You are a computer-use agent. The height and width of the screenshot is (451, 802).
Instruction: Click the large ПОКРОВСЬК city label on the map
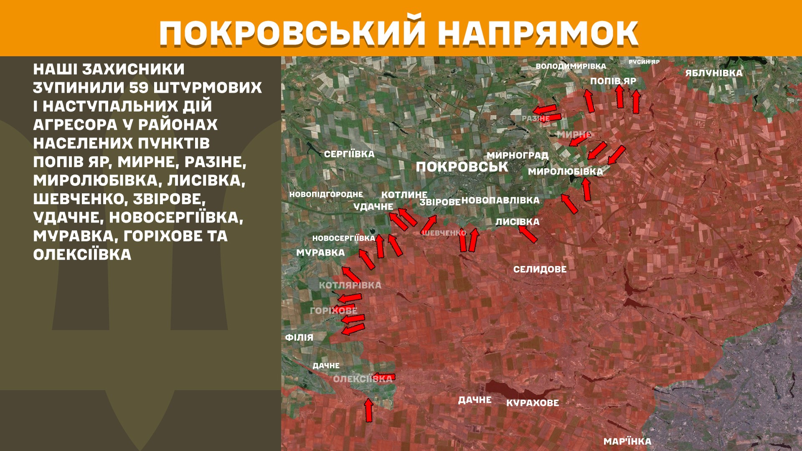pos(462,167)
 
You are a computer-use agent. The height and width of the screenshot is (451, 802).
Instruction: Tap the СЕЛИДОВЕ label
pos(540,269)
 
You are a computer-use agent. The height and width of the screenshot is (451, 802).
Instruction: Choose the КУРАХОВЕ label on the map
pos(532,403)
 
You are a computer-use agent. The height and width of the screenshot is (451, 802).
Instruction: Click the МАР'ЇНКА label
pos(627,441)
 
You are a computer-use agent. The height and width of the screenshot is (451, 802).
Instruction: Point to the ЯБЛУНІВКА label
pos(713,73)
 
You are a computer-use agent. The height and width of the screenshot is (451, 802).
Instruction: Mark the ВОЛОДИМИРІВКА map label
pos(571,66)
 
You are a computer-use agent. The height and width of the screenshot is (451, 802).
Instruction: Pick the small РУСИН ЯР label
pos(644,62)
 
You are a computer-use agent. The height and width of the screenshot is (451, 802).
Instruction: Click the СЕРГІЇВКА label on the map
pos(349,154)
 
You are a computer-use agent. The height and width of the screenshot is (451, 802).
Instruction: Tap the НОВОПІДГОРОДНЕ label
pos(326,195)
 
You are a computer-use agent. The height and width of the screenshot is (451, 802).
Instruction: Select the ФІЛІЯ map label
pos(299,337)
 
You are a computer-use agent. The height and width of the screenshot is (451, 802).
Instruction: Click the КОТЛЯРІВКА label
pos(350,285)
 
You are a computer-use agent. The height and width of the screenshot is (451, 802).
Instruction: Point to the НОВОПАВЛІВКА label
pos(500,200)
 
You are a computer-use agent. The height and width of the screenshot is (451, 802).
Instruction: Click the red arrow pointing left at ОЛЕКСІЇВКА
pos(383,376)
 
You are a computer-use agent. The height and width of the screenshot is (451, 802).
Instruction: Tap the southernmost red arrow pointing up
pos(368,410)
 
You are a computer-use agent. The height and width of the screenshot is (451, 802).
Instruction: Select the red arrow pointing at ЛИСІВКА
pos(528,234)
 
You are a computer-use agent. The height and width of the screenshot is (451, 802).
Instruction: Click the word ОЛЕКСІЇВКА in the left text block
pos(82,255)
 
